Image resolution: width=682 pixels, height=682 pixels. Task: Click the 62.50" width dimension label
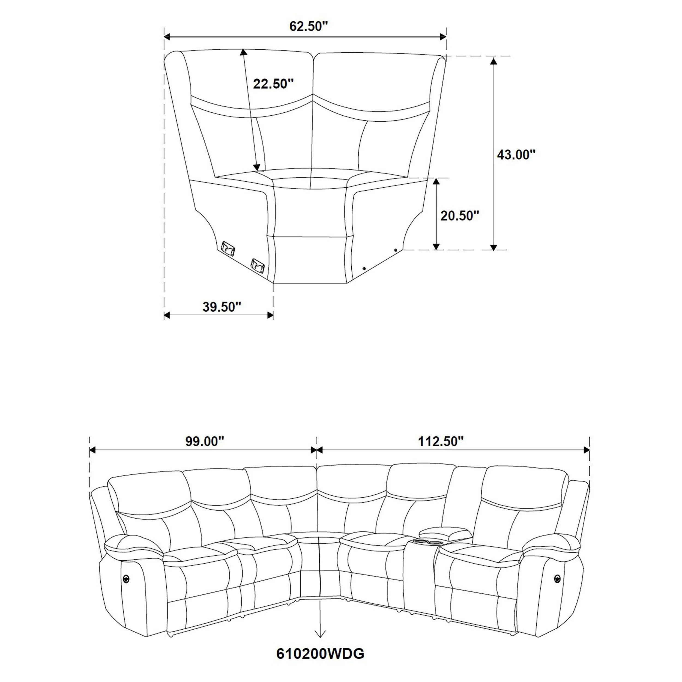[x=309, y=26]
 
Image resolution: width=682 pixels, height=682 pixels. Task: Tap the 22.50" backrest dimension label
[x=273, y=84]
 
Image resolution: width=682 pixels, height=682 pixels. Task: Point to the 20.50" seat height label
[x=459, y=216]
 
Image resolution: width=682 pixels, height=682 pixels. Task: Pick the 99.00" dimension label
[x=205, y=441]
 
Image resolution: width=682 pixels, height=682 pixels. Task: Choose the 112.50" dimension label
[x=441, y=441]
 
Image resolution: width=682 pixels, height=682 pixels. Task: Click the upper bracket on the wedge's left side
[x=228, y=247]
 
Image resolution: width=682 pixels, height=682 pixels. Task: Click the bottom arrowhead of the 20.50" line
[x=436, y=246]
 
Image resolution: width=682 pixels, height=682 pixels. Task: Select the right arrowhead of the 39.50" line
[x=270, y=315]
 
